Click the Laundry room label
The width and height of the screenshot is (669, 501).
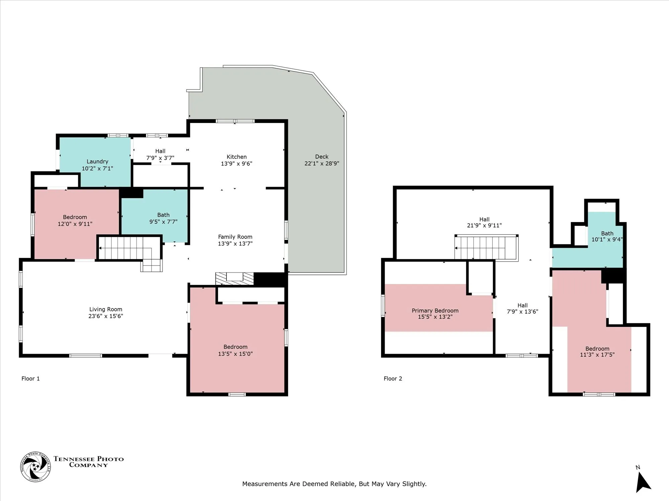[x=97, y=162]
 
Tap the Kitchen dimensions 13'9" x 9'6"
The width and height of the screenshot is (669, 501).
[x=236, y=164]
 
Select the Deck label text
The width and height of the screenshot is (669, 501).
[x=322, y=157]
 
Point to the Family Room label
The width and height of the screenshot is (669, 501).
[x=235, y=237]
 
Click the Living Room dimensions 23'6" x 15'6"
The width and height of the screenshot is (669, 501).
[x=106, y=316]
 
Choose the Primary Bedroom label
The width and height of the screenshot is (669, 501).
[x=435, y=311]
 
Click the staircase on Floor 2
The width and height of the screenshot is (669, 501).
[x=486, y=247]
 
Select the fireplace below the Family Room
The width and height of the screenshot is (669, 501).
[x=235, y=279]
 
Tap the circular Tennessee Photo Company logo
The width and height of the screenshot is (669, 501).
[x=35, y=467]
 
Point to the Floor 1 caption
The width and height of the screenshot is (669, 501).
[x=30, y=378]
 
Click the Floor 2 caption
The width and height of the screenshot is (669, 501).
[x=393, y=378]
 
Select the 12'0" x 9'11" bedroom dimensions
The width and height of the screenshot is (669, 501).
[x=75, y=224]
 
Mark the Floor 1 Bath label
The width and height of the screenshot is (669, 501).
[x=164, y=215]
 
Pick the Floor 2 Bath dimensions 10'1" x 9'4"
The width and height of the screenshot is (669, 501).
[x=607, y=239]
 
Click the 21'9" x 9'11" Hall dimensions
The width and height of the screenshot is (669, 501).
[x=484, y=225]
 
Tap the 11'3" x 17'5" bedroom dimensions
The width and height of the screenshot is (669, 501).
[x=597, y=355]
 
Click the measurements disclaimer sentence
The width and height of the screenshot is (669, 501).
[x=334, y=484]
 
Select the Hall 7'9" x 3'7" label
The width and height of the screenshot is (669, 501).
[x=160, y=155]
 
